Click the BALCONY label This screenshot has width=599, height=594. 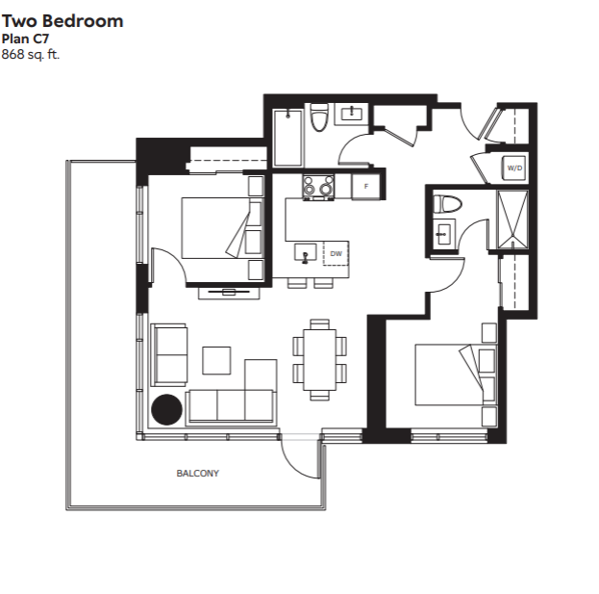(197, 474)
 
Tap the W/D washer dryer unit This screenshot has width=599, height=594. (514, 168)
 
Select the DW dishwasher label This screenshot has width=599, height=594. (336, 253)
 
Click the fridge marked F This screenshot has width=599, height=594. (366, 186)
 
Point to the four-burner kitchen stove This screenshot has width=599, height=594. (318, 188)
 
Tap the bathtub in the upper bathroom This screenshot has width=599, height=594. (287, 138)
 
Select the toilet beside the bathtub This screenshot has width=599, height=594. (319, 117)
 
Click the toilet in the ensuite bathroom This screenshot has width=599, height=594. (447, 204)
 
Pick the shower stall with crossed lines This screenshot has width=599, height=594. (512, 220)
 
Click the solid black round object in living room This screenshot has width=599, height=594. (166, 409)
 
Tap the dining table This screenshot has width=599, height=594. (320, 359)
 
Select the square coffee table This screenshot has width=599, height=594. (216, 360)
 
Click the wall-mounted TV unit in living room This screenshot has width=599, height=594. (229, 293)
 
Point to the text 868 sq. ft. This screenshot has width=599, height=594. (31, 55)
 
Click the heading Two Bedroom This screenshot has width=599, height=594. (62, 21)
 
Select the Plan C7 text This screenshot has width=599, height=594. (25, 39)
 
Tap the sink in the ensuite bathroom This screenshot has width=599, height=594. (443, 233)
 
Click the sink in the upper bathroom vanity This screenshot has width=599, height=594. (352, 113)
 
